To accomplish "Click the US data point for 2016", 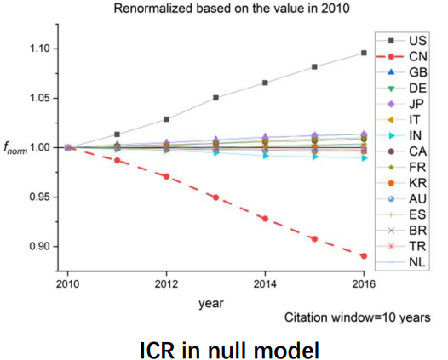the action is tap(364, 53).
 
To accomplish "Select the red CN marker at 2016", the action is tap(364, 256).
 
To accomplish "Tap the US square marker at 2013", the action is tap(216, 98).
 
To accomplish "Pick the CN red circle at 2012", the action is tap(166, 176).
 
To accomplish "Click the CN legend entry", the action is tap(402, 56).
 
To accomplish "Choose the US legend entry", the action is tap(402, 41).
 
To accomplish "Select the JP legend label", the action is tap(416, 104).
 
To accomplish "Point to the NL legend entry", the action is tap(401, 262).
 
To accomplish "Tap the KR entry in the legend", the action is tap(402, 183).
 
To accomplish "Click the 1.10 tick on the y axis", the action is tap(40, 49).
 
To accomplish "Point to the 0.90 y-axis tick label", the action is tap(40, 246).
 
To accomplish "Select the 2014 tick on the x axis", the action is tap(265, 284).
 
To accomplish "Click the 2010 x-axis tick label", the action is tap(67, 284).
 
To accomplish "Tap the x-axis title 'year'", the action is tap(211, 304).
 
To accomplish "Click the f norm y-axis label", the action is tap(15, 148).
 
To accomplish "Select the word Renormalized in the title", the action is tap(152, 9).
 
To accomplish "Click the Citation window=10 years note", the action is tap(357, 317).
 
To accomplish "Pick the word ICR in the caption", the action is tap(157, 350).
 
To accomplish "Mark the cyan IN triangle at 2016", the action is tap(364, 158).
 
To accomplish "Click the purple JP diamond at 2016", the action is tap(364, 134).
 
